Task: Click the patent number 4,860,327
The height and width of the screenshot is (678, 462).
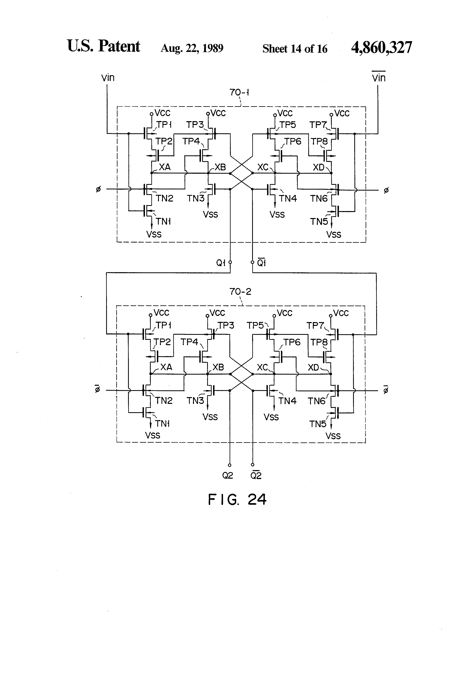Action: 381,47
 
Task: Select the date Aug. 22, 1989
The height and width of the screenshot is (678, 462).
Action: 192,48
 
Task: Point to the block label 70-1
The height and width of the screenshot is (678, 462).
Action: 239,93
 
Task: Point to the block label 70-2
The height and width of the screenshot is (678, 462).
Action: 240,291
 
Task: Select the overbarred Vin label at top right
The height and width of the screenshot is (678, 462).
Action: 379,78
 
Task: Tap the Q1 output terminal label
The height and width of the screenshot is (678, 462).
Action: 221,263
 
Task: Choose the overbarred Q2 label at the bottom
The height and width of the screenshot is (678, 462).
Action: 256,475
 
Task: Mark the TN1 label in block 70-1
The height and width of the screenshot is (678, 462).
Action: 163,221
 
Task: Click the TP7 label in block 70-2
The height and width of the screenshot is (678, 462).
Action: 315,325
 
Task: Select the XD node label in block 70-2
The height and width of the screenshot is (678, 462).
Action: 314,368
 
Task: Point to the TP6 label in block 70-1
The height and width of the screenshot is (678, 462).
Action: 293,141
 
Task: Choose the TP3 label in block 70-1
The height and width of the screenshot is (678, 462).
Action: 195,125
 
